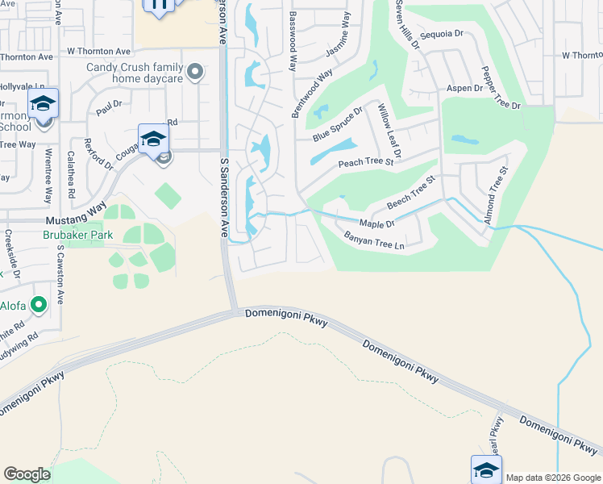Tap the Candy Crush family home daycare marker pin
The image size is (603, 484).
pos(194,73)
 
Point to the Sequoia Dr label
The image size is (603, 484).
pos(443,34)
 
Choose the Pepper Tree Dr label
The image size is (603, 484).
pos(501,86)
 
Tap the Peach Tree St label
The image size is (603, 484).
pos(365,162)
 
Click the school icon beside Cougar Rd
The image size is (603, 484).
pos(153,139)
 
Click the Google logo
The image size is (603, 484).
pos(27,474)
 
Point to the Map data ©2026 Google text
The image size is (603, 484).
pos(553,478)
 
